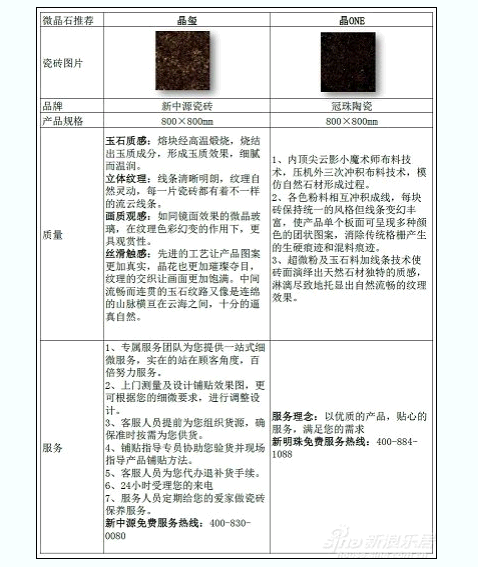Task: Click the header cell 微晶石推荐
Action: pyautogui.click(x=68, y=20)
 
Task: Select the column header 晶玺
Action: pyautogui.click(x=185, y=20)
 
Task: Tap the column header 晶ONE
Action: pyautogui.click(x=354, y=20)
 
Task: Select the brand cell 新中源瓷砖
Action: pyautogui.click(x=185, y=105)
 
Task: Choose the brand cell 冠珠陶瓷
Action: pyautogui.click(x=354, y=105)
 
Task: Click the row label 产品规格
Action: pyautogui.click(x=62, y=121)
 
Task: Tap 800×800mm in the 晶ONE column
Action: pyautogui.click(x=354, y=121)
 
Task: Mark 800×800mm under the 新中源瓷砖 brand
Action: pyautogui.click(x=185, y=121)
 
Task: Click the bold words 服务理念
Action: pyautogui.click(x=296, y=415)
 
